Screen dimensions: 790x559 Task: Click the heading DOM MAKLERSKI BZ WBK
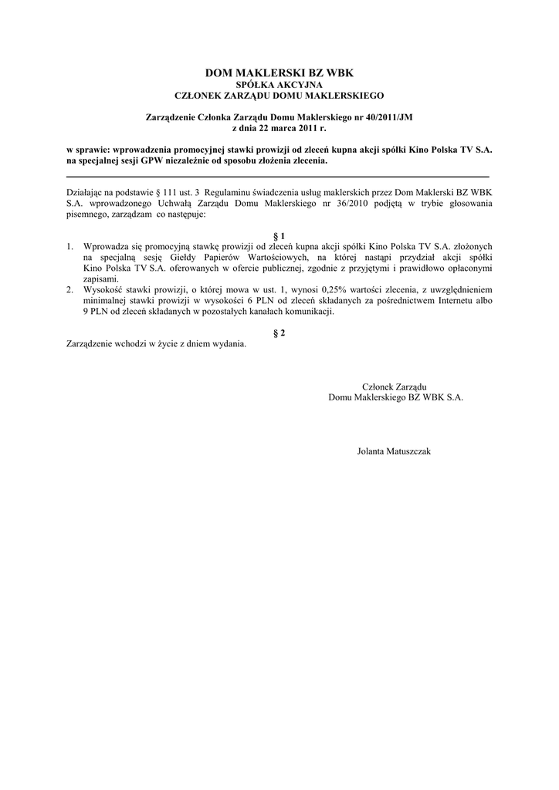tap(279, 73)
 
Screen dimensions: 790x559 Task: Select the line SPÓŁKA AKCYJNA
tap(279, 84)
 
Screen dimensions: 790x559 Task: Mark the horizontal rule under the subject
tap(279, 177)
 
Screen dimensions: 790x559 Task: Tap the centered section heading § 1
tap(279, 235)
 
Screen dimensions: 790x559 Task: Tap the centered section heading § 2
tap(279, 333)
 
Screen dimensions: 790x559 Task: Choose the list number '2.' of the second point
tap(70, 289)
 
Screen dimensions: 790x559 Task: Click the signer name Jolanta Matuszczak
tap(395, 451)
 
